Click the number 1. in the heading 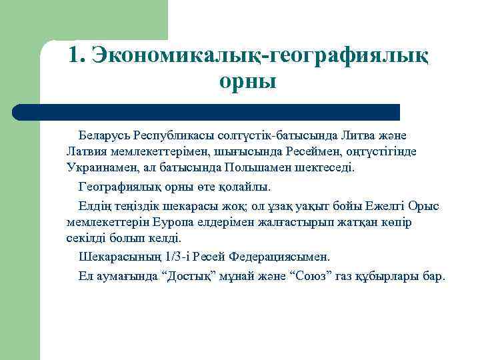[x=77, y=54]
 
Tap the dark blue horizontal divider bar [x=206, y=111]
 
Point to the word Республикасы [x=175, y=136]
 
